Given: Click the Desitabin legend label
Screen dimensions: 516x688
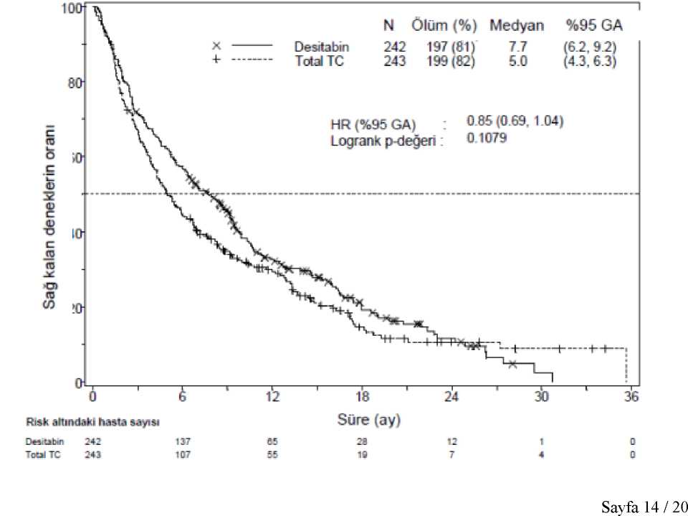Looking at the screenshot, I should [322, 47].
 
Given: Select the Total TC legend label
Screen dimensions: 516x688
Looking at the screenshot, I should [320, 61].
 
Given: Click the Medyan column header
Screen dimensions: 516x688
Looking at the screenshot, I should [516, 27].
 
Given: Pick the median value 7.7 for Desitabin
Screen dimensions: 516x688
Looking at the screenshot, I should [517, 47].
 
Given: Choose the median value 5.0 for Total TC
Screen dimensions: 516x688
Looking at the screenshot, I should [517, 61].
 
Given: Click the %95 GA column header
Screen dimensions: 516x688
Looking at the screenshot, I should [593, 27].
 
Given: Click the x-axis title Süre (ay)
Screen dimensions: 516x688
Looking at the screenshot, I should [369, 419].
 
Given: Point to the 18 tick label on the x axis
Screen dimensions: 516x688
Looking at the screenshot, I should [362, 397].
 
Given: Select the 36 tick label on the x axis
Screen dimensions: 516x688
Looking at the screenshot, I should [631, 397].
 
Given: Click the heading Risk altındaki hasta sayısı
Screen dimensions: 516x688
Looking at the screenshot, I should [98, 421].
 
